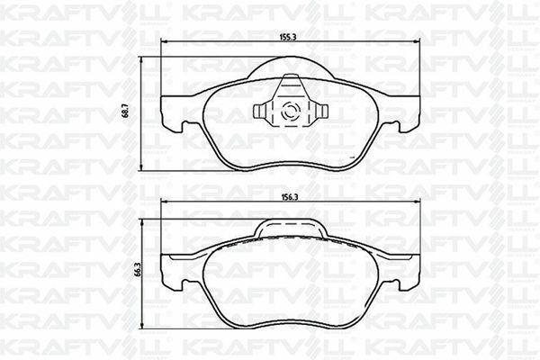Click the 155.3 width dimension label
[289, 37]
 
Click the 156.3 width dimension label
[289, 197]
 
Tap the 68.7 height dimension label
[126, 112]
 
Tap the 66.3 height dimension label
[138, 269]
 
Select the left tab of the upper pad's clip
[260, 111]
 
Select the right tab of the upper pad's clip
[321, 111]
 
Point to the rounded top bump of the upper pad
[291, 66]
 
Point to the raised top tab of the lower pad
[291, 227]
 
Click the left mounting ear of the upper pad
[172, 113]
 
